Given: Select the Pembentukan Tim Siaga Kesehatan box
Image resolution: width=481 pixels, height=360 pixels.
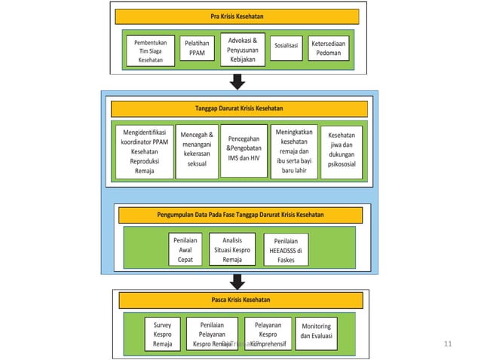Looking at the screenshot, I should pyautogui.click(x=150, y=52).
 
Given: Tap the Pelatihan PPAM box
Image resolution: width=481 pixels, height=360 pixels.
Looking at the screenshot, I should pyautogui.click(x=197, y=50).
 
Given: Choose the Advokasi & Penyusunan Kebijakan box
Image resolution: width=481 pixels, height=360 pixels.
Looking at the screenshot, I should pyautogui.click(x=242, y=49).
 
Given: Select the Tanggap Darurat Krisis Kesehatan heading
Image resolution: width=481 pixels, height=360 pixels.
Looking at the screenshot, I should pyautogui.click(x=239, y=108).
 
